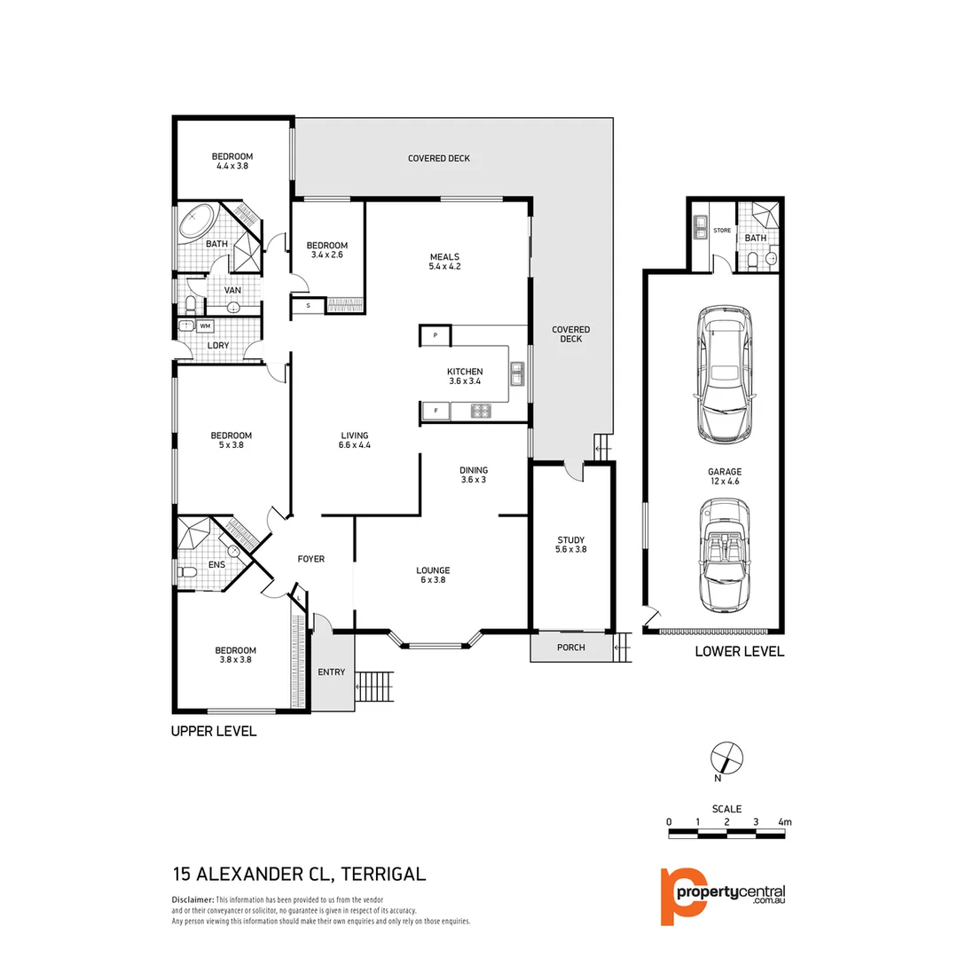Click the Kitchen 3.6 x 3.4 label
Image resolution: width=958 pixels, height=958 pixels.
(465, 376)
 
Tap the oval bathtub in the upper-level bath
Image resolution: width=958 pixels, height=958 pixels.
(197, 220)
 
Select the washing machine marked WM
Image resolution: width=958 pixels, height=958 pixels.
(205, 326)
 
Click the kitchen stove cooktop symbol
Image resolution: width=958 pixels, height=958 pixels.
(481, 411)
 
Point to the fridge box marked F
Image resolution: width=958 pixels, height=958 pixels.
(436, 411)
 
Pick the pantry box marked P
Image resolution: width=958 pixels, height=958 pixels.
(436, 335)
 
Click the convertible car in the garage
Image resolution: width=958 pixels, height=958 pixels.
(725, 555)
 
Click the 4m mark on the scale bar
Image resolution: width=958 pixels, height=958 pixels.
(784, 822)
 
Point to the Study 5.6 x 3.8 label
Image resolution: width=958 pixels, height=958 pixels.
(571, 544)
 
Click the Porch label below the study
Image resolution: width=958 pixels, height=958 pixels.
(571, 647)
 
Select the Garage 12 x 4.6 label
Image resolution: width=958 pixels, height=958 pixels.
(725, 476)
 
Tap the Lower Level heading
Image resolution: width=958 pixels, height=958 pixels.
(739, 651)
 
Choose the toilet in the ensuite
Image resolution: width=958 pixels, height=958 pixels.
(187, 574)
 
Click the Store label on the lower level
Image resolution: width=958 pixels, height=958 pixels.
(722, 231)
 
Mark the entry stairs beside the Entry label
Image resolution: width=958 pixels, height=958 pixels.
(373, 686)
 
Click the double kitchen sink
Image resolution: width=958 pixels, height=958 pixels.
(517, 373)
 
